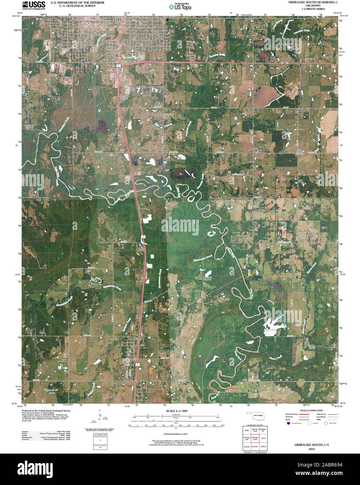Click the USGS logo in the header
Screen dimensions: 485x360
click(33, 5)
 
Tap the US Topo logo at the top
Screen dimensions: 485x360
click(180, 6)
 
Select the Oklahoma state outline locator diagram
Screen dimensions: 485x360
click(257, 417)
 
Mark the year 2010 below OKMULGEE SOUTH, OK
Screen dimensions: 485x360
click(312, 450)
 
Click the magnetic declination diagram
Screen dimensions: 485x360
click(100, 420)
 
